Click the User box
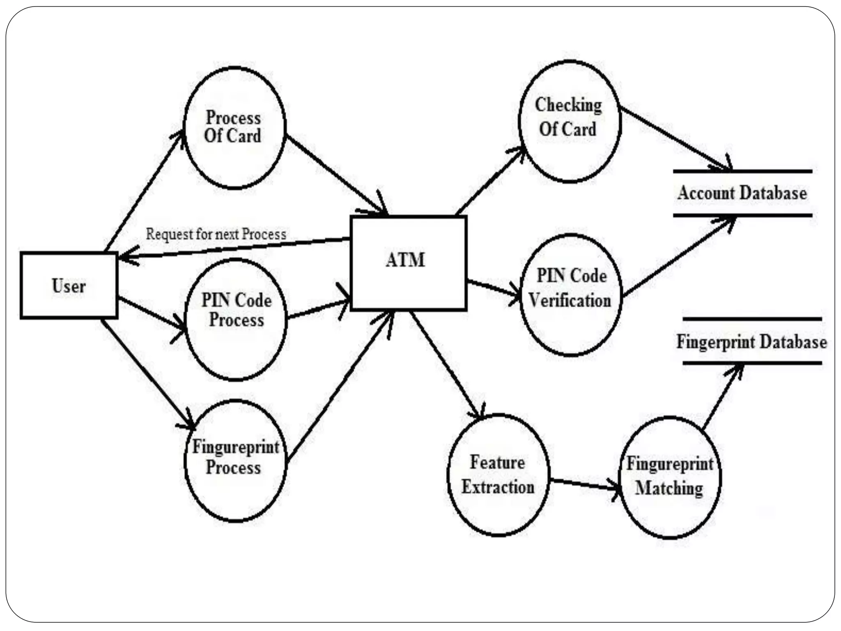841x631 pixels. point(69,286)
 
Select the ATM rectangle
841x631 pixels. point(408,263)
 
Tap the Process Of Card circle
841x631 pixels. point(234,127)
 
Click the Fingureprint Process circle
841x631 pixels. point(235,460)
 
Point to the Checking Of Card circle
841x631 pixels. point(569,121)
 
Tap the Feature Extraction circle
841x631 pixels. point(498,475)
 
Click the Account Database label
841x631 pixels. point(742,193)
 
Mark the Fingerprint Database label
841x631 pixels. point(751,342)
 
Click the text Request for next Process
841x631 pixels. point(216,234)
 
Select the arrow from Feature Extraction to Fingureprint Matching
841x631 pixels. point(585,484)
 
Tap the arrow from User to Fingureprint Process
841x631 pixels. point(148,374)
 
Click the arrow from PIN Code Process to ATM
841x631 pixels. point(318,309)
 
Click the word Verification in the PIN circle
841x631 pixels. point(570,301)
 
